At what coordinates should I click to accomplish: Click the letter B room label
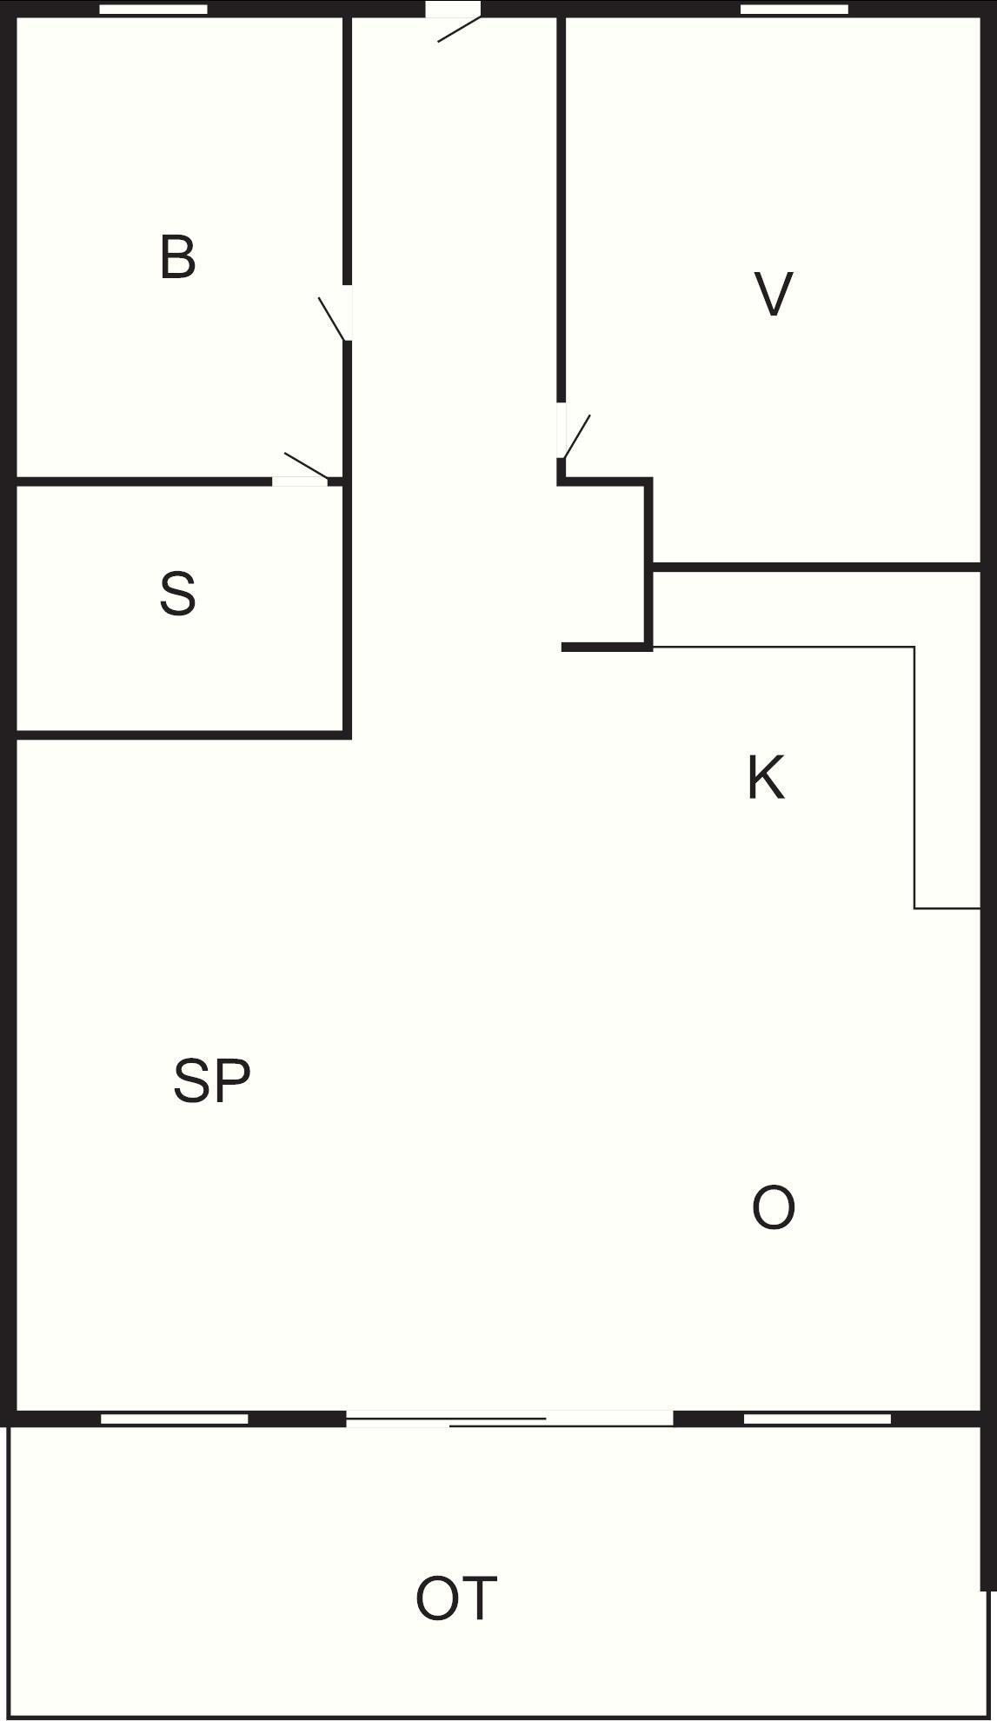tap(178, 257)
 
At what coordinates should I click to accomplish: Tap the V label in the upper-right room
tap(774, 294)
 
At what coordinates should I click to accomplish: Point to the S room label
tap(177, 594)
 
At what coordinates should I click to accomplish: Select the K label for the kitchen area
tap(766, 778)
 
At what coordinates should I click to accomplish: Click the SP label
tap(212, 1080)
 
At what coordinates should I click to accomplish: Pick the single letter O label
tap(773, 1208)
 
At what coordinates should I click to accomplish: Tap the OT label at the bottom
tap(456, 1598)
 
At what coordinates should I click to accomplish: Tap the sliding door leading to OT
tap(509, 1419)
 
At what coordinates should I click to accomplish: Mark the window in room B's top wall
tap(153, 10)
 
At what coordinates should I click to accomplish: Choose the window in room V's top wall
tap(794, 10)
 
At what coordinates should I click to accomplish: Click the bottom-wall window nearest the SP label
tap(174, 1419)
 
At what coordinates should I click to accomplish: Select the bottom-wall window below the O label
tap(817, 1419)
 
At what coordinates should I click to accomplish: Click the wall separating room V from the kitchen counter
tap(817, 568)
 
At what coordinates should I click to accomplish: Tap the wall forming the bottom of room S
tap(183, 735)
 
